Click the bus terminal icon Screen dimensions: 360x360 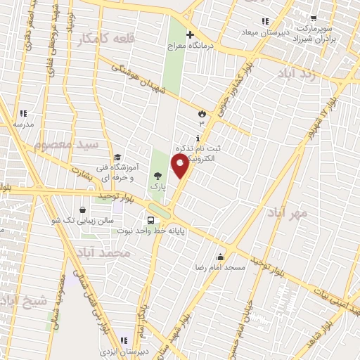(x=151, y=220)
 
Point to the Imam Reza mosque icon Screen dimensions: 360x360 (x=221, y=257)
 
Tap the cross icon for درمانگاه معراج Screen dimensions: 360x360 (x=188, y=34)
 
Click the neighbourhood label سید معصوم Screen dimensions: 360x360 (x=67, y=145)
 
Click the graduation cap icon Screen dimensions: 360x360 (x=118, y=157)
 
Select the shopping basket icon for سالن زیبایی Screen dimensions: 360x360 (x=83, y=210)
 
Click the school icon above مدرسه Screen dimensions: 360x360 (x=23, y=112)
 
